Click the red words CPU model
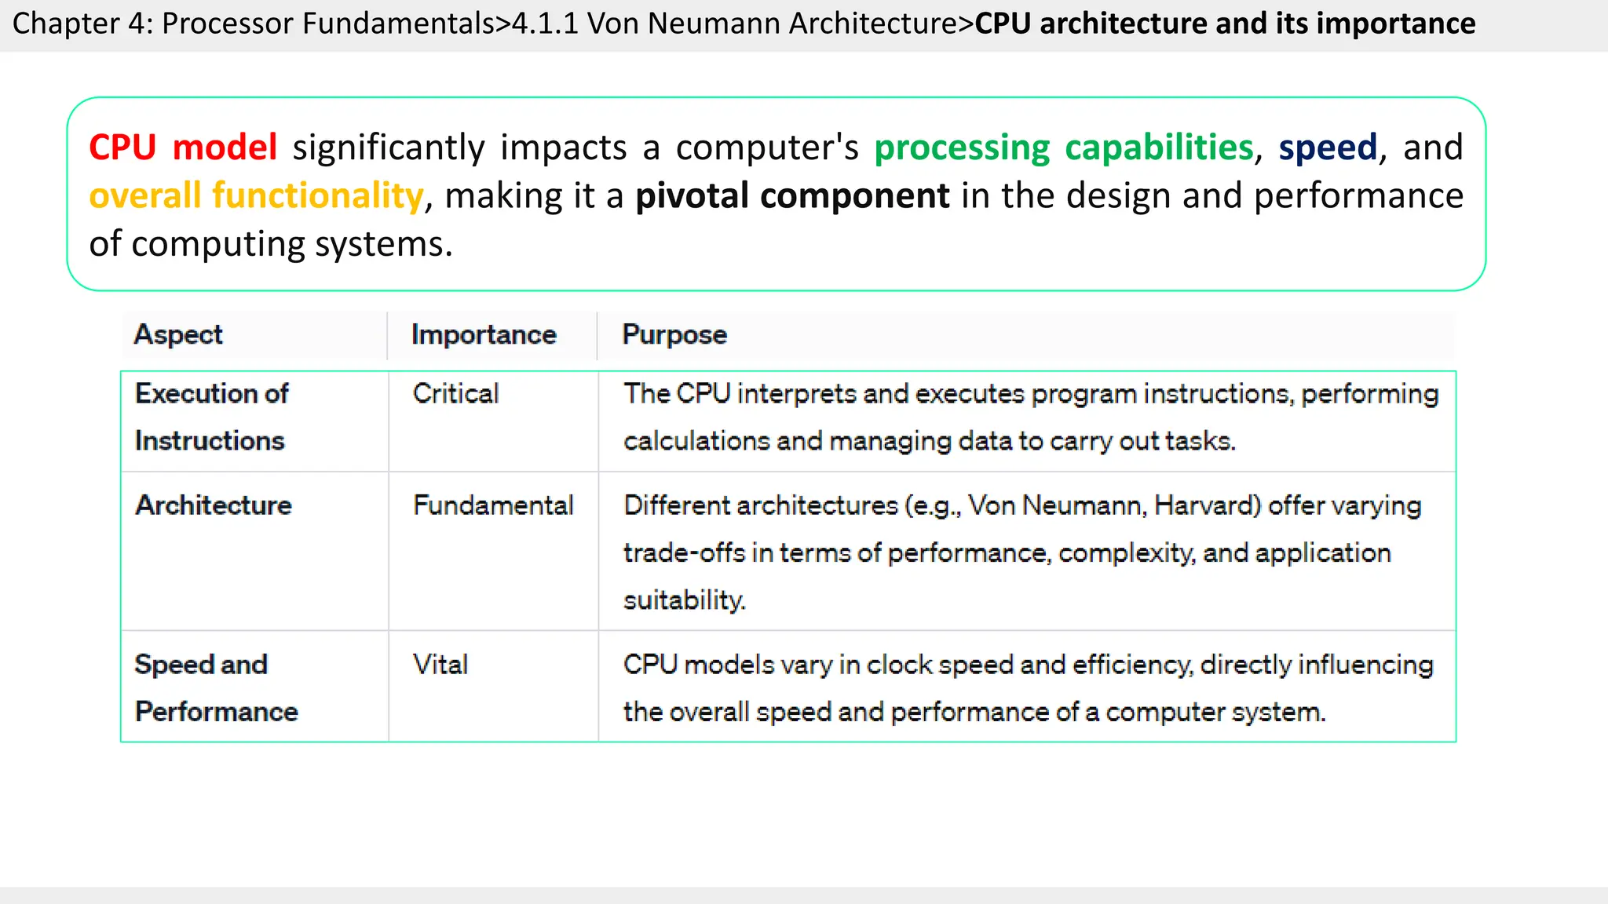pyautogui.click(x=183, y=148)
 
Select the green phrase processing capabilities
pyautogui.click(x=1063, y=148)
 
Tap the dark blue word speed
pyautogui.click(x=1328, y=148)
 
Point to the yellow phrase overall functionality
pyautogui.click(x=256, y=195)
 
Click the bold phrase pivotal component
pyautogui.click(x=792, y=195)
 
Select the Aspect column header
pyautogui.click(x=178, y=335)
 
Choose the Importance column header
pyautogui.click(x=484, y=335)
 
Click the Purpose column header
pyautogui.click(x=674, y=335)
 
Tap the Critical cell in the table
pyautogui.click(x=455, y=394)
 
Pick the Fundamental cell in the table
pyautogui.click(x=493, y=505)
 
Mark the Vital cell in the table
pyautogui.click(x=440, y=665)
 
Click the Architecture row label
pyautogui.click(x=214, y=505)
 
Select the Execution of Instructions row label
pyautogui.click(x=211, y=417)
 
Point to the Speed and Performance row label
pyautogui.click(x=216, y=688)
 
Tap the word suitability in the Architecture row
pyautogui.click(x=683, y=600)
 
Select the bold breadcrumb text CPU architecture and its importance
pyautogui.click(x=1225, y=24)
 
